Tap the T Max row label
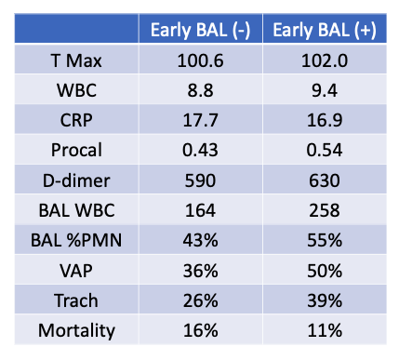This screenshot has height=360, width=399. pos(76,60)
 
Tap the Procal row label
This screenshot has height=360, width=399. pos(76,150)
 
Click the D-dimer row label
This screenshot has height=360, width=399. pos(76,180)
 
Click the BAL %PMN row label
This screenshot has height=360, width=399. pos(76,239)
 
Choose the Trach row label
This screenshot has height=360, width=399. pos(76,299)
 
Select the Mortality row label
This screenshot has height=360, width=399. pos(76,328)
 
